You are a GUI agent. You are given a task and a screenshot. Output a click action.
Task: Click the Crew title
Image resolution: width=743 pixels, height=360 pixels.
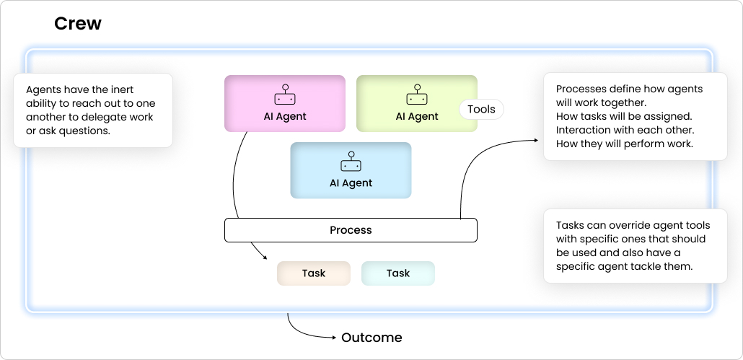(78, 24)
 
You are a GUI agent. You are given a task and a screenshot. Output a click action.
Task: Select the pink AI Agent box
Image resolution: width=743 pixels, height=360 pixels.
(284, 103)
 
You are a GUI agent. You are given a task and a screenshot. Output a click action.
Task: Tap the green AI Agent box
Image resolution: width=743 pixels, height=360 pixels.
(416, 103)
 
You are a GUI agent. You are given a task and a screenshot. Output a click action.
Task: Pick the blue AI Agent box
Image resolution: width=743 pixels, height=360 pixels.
(351, 170)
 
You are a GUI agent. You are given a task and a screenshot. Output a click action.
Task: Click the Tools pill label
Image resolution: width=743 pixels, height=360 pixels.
(481, 110)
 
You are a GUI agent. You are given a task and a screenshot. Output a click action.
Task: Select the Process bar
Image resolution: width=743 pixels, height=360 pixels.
(351, 230)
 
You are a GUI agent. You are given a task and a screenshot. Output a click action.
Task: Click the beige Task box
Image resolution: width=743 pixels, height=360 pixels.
(314, 273)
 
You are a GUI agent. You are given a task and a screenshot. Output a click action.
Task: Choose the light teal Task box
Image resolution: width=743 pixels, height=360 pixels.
(397, 273)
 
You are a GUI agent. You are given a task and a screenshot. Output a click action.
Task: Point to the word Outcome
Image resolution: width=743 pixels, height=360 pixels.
(371, 338)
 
